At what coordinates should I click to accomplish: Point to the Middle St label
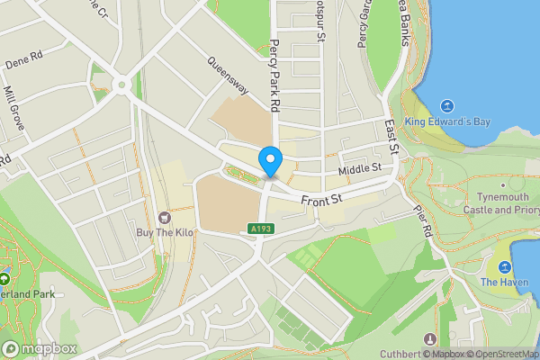pyautogui.click(x=361, y=168)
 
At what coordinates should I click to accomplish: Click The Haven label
pyautogui.click(x=501, y=283)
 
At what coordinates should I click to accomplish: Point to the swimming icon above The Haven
pyautogui.click(x=504, y=267)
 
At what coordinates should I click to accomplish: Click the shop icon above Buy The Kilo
pyautogui.click(x=164, y=217)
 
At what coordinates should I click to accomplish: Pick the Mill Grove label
pyautogui.click(x=13, y=107)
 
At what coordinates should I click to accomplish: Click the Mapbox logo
pyautogui.click(x=39, y=348)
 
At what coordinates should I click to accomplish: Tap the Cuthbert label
pyautogui.click(x=400, y=354)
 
